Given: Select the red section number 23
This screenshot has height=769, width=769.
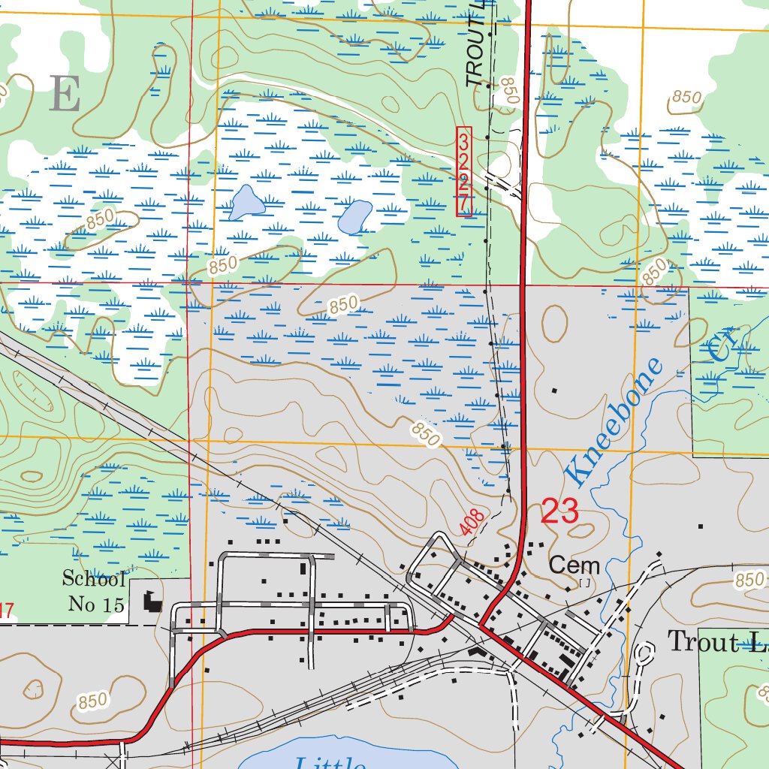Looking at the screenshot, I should coord(559,511).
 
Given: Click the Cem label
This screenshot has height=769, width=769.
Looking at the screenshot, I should coord(574,565).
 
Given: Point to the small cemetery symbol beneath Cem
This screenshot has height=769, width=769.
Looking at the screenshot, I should coord(585,582).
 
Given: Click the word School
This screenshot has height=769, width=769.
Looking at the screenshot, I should coord(93,579).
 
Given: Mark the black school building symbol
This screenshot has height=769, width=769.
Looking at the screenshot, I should coord(152,601).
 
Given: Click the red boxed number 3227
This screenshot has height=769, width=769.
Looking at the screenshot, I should coord(464,172).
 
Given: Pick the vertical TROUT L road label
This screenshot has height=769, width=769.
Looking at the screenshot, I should coord(475,45).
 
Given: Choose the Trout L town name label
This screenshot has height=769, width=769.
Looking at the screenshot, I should coord(717,642).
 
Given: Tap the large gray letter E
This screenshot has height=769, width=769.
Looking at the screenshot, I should coord(65,95).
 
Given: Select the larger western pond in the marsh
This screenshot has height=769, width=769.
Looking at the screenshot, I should coord(246,202).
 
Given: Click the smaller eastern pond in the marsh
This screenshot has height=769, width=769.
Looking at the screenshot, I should coord(354,216).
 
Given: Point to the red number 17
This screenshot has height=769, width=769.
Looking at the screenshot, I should coord(5,611).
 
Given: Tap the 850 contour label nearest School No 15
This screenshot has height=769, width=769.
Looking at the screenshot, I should coord(92,701).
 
